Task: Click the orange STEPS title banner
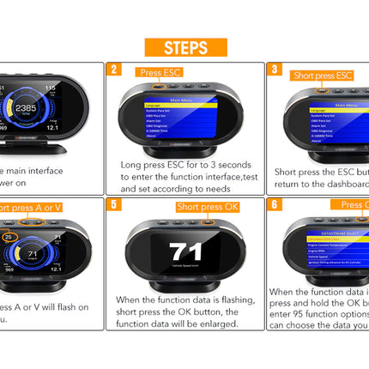coord(184,46)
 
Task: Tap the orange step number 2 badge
coord(114,70)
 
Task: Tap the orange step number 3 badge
coord(274,70)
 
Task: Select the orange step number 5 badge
coord(114,206)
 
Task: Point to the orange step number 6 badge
coord(274,206)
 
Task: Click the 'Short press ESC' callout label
coord(322,75)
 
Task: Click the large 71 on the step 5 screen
coord(184,252)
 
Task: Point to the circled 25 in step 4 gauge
coord(9,235)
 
